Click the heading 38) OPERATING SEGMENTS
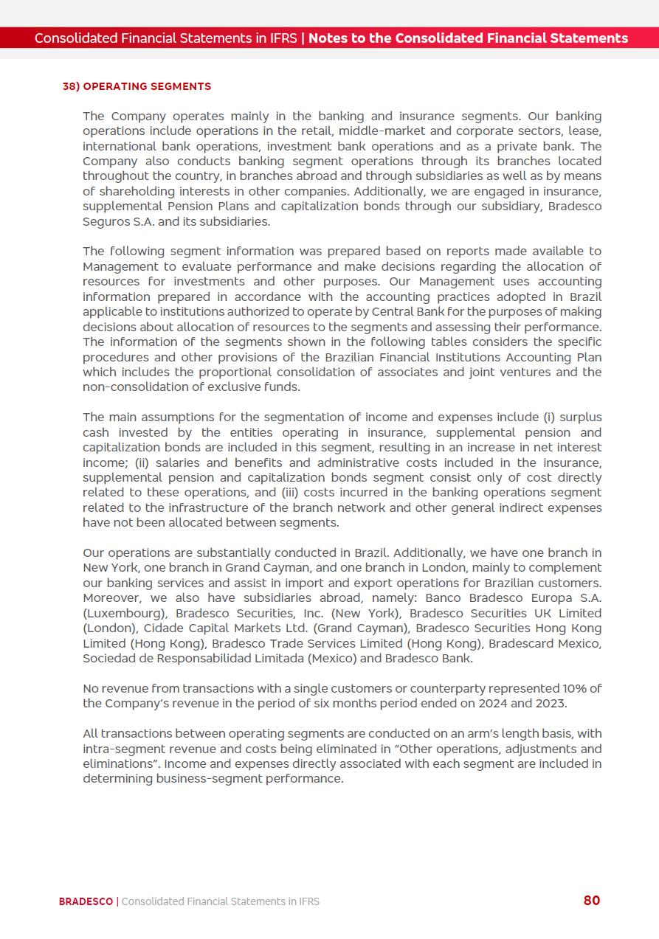[137, 86]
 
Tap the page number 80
[592, 900]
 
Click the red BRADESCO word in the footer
[86, 901]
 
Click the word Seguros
[105, 221]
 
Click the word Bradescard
[522, 643]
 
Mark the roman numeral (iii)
[294, 492]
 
